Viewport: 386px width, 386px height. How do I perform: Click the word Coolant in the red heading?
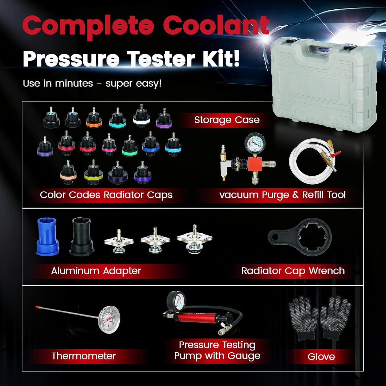pyautogui.click(x=217, y=26)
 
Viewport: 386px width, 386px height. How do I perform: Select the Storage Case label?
pyautogui.click(x=227, y=120)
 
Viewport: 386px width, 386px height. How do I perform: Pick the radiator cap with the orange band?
pyautogui.click(x=94, y=118)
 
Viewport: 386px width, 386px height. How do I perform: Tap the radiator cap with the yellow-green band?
pyautogui.click(x=93, y=172)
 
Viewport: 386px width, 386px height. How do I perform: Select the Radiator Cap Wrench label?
pyautogui.click(x=293, y=271)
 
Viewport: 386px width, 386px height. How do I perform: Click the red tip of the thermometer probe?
pyautogui.click(x=37, y=307)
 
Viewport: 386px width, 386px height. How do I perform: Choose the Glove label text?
pyautogui.click(x=321, y=357)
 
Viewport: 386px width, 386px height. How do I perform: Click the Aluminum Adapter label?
pyautogui.click(x=96, y=271)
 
